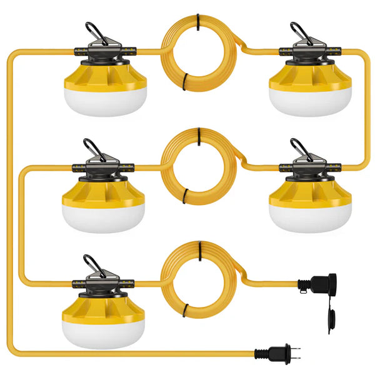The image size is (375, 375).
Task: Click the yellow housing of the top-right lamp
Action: click(310, 76)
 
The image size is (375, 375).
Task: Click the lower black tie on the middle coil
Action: click(186, 199)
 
